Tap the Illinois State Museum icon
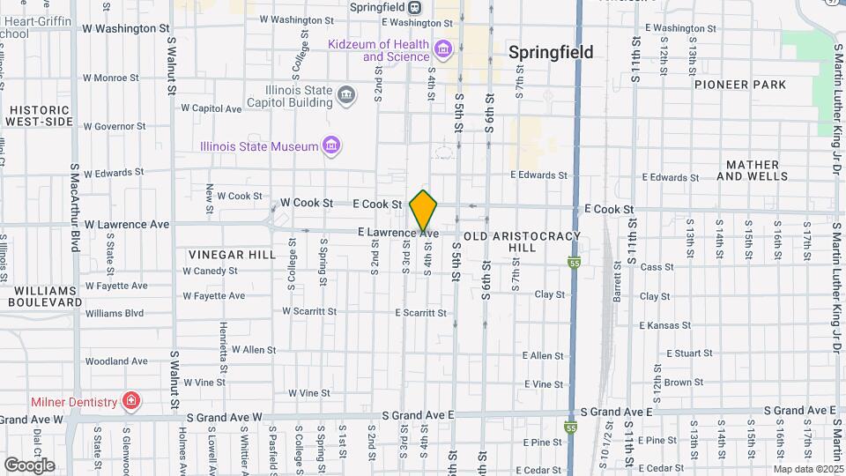(331, 146)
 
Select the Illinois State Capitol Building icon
(346, 95)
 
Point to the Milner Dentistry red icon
(130, 403)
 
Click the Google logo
(29, 465)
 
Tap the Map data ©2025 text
(808, 469)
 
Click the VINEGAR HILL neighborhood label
(225, 254)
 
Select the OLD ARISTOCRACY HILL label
(522, 242)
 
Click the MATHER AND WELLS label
(753, 171)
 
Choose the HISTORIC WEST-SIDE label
(40, 115)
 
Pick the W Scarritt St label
(309, 311)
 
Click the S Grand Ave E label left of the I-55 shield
(419, 414)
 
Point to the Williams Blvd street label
(115, 313)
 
